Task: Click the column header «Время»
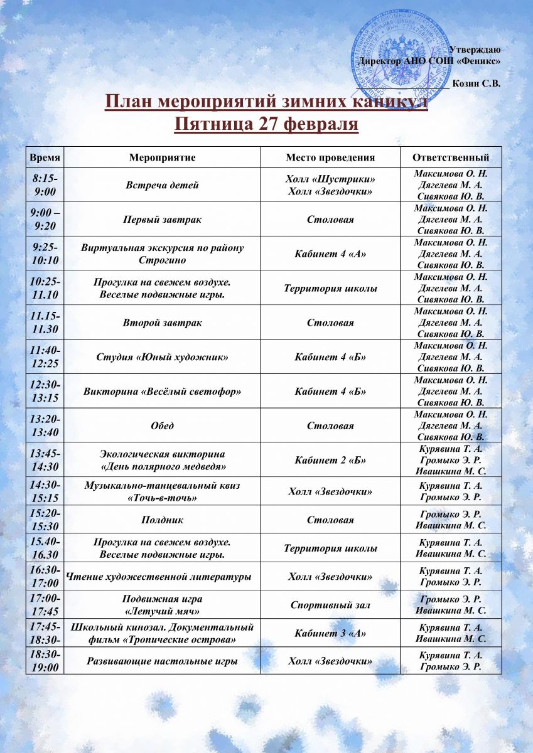[x=45, y=158]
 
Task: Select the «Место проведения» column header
[x=330, y=158]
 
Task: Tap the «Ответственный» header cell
[x=450, y=158]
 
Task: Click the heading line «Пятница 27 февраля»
[x=266, y=124]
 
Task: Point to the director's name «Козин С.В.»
[x=477, y=83]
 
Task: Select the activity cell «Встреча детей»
[x=162, y=185]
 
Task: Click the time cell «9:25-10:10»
[x=45, y=254]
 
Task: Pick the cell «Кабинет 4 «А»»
[x=330, y=254]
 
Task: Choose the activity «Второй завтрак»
[x=162, y=323]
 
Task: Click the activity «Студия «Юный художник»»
[x=162, y=357]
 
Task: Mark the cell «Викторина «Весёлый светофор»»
[x=162, y=392]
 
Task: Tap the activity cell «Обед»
[x=162, y=426]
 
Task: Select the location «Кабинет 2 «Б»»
[x=330, y=460]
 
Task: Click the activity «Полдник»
[x=162, y=520]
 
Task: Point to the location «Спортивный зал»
[x=330, y=605]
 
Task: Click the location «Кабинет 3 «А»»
[x=330, y=633]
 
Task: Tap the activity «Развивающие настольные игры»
[x=162, y=661]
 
